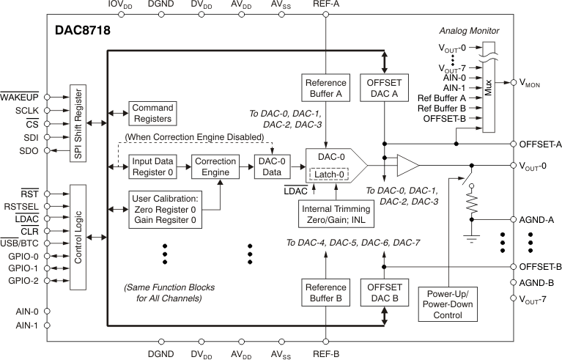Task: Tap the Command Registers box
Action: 152,113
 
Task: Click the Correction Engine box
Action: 215,167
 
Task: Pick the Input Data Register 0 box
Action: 153,167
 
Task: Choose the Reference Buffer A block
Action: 325,87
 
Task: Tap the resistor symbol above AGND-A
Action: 471,202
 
